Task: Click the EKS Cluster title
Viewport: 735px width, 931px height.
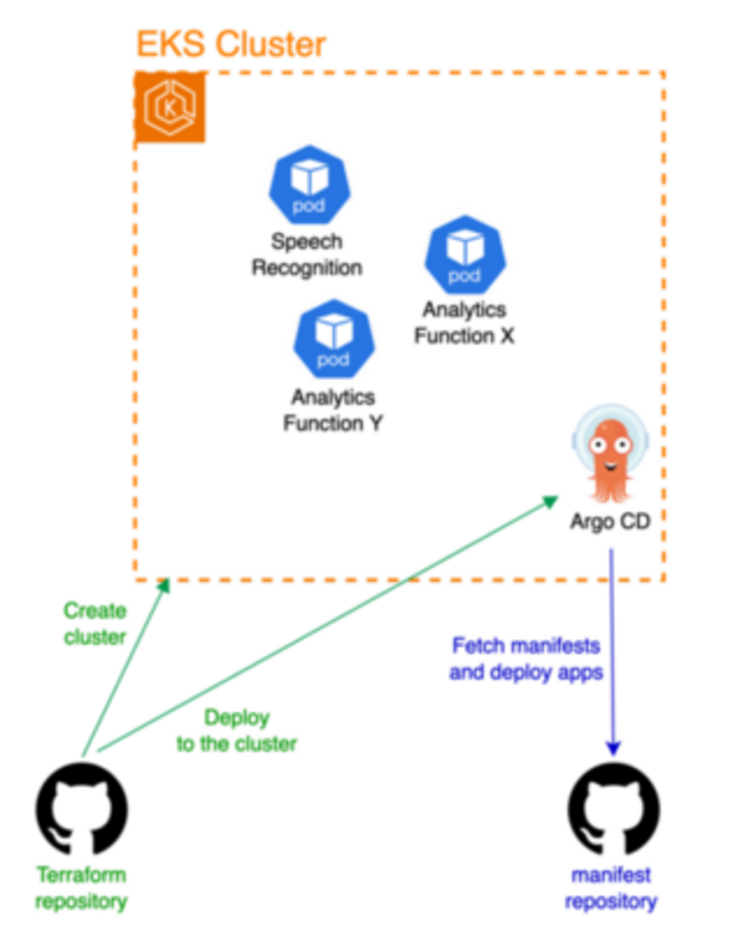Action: coord(231,44)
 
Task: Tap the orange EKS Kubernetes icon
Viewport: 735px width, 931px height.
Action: coord(170,107)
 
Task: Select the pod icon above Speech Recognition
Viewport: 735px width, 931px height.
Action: coord(310,185)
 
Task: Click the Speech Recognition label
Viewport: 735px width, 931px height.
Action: coord(307,254)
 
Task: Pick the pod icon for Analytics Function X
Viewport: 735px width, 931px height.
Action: coord(465,255)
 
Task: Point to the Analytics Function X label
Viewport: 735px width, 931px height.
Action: coord(464,323)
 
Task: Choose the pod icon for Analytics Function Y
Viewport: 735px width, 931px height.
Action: coord(334,339)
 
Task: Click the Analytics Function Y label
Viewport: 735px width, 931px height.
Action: coord(333,410)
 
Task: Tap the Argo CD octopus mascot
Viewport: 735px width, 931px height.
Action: coord(610,454)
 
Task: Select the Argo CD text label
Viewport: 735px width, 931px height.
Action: coord(610,522)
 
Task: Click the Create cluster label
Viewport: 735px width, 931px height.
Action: coord(95,624)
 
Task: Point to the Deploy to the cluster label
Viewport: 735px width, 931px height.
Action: coord(237,731)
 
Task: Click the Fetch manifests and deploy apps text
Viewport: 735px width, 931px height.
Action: coord(526,659)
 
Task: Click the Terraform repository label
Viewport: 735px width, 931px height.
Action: coord(82,889)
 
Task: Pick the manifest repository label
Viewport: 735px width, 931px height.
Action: coord(611,889)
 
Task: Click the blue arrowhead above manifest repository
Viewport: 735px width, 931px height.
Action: coord(613,748)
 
